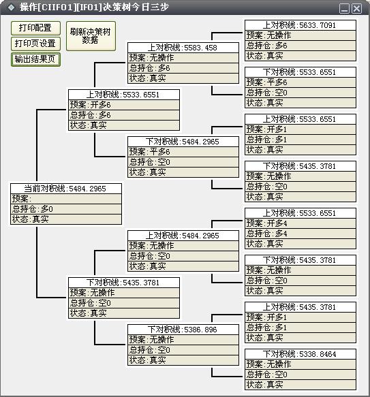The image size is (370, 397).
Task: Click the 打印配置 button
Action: [35, 28]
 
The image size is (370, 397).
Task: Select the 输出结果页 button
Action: [35, 59]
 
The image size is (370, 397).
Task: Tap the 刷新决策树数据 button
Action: [91, 36]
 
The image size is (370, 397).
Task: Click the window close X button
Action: [357, 9]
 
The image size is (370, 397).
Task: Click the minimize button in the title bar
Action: [344, 9]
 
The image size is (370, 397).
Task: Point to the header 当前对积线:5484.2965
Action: [66, 189]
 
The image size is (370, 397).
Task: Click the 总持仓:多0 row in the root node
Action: [66, 209]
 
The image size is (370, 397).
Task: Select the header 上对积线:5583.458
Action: [183, 48]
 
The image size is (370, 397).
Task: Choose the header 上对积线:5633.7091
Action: [300, 25]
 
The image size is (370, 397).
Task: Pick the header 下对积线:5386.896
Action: [183, 330]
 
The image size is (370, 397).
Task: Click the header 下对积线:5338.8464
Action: [300, 354]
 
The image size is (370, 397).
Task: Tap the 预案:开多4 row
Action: [300, 223]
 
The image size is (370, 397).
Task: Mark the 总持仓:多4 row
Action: [300, 234]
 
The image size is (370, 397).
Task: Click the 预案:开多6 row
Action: [124, 105]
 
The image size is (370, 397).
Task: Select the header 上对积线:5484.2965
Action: [183, 236]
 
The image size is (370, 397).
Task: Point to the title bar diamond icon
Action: [11, 7]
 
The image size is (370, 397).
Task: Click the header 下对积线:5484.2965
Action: [183, 142]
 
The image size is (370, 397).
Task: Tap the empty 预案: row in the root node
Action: [66, 199]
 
